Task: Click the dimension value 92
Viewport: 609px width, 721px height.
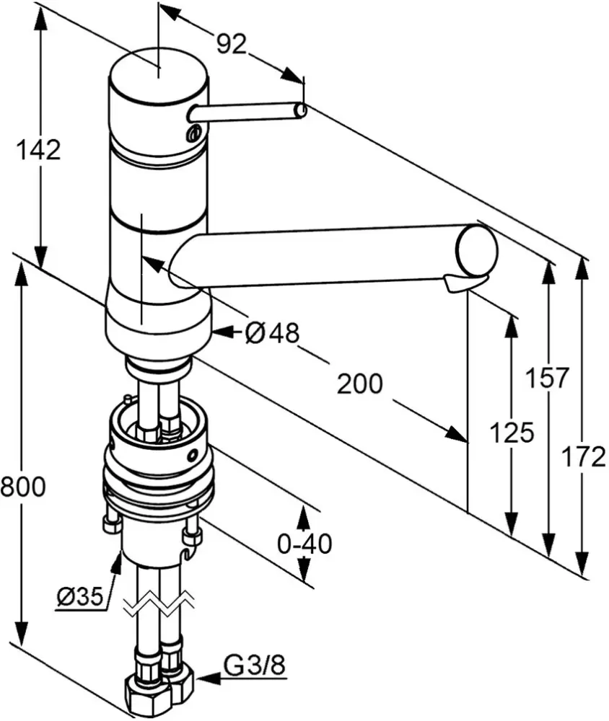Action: click(232, 45)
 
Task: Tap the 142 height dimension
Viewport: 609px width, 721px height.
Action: click(38, 150)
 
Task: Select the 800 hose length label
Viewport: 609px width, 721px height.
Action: click(22, 487)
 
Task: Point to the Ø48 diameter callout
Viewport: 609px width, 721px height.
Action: click(271, 332)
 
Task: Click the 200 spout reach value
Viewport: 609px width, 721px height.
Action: click(360, 384)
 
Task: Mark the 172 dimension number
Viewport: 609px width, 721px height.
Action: click(583, 456)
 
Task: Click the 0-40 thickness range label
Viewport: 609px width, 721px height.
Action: click(304, 544)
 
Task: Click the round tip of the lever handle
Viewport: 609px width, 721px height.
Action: click(301, 110)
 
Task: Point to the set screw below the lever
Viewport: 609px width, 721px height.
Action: click(193, 133)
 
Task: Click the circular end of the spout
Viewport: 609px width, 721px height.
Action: click(477, 249)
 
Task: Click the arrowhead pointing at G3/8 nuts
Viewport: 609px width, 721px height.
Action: click(205, 678)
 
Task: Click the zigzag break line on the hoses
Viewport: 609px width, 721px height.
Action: click(159, 605)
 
